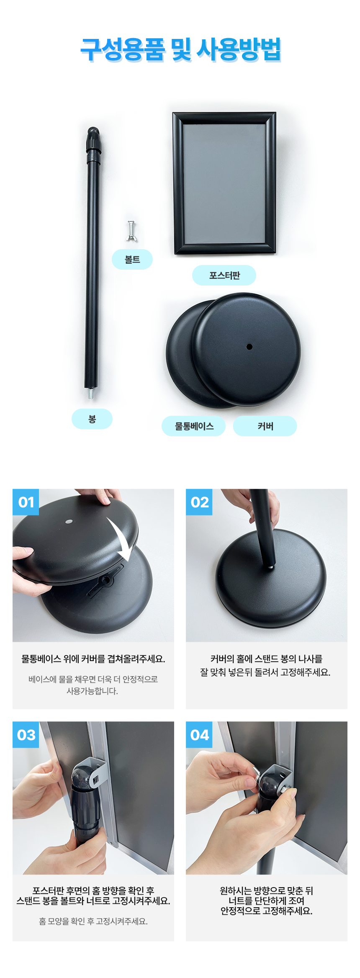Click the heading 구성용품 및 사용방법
[x=180, y=50]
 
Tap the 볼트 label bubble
[x=132, y=260]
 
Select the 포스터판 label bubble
[x=224, y=275]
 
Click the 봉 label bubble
[x=92, y=419]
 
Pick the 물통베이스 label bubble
[x=194, y=426]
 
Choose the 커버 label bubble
[x=265, y=426]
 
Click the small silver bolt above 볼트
[x=131, y=231]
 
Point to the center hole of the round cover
[x=249, y=347]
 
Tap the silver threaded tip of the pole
[x=90, y=394]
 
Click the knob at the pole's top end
[x=94, y=140]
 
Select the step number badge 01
[x=26, y=502]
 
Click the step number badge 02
[x=199, y=502]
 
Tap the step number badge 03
[x=26, y=735]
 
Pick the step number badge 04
[x=199, y=735]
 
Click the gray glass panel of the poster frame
[x=225, y=183]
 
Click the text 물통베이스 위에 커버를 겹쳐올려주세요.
[x=93, y=659]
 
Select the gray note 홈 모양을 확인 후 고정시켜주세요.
[x=93, y=921]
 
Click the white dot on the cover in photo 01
[x=69, y=522]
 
